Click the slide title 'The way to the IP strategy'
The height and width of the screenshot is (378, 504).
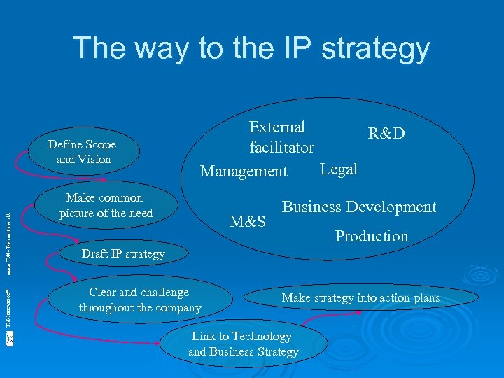[251, 48]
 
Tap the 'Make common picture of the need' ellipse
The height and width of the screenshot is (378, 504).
[105, 205]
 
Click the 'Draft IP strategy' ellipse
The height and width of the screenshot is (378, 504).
[122, 254]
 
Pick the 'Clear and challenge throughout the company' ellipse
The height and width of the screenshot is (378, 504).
[139, 300]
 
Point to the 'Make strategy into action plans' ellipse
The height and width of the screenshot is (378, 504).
[360, 298]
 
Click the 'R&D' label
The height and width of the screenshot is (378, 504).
[386, 134]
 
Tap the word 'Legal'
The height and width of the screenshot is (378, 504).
[338, 169]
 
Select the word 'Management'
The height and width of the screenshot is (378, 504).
[244, 171]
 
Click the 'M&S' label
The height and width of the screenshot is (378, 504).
[248, 222]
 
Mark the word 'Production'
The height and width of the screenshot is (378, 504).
[371, 237]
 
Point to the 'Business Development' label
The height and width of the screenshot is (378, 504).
[358, 207]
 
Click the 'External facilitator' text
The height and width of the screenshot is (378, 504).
[281, 137]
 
